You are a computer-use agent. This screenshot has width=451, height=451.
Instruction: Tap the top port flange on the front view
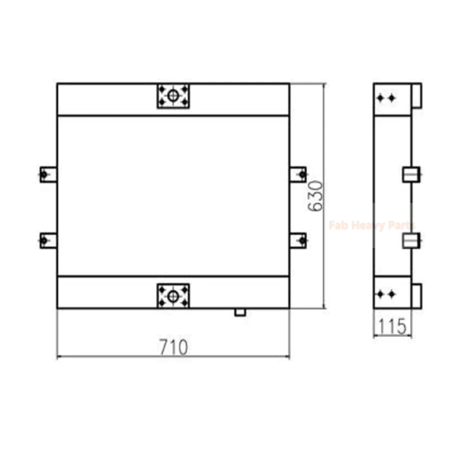(x=173, y=96)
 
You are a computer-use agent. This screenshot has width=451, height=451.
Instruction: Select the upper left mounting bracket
(x=47, y=173)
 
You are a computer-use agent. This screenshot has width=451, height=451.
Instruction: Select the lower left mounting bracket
(x=47, y=241)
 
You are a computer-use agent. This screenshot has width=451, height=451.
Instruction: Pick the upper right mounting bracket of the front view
(x=299, y=173)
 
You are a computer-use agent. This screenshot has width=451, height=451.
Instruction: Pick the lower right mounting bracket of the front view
(x=299, y=241)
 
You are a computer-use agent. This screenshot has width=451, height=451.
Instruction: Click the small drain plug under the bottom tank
(x=240, y=311)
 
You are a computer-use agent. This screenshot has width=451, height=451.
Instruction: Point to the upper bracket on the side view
(x=411, y=174)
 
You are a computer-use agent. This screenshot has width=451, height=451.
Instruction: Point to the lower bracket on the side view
(x=411, y=242)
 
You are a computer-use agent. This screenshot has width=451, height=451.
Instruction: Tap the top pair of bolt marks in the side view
(x=385, y=99)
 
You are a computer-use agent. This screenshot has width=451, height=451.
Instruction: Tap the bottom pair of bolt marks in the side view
(x=385, y=294)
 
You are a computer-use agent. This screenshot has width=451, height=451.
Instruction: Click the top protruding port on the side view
(x=416, y=96)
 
